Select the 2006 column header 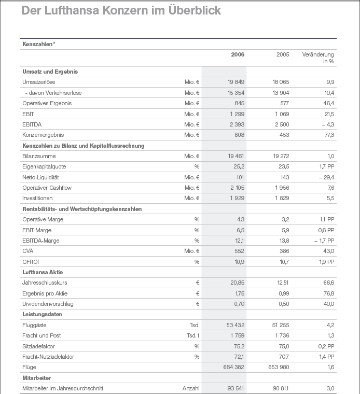pyautogui.click(x=238, y=54)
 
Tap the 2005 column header pyautogui.click(x=283, y=54)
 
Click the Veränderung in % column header pyautogui.click(x=318, y=58)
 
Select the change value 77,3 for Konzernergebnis pyautogui.click(x=329, y=135)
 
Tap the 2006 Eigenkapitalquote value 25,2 pyautogui.click(x=239, y=166)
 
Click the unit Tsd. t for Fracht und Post pyautogui.click(x=193, y=335)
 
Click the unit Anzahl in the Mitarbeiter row pyautogui.click(x=191, y=388)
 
